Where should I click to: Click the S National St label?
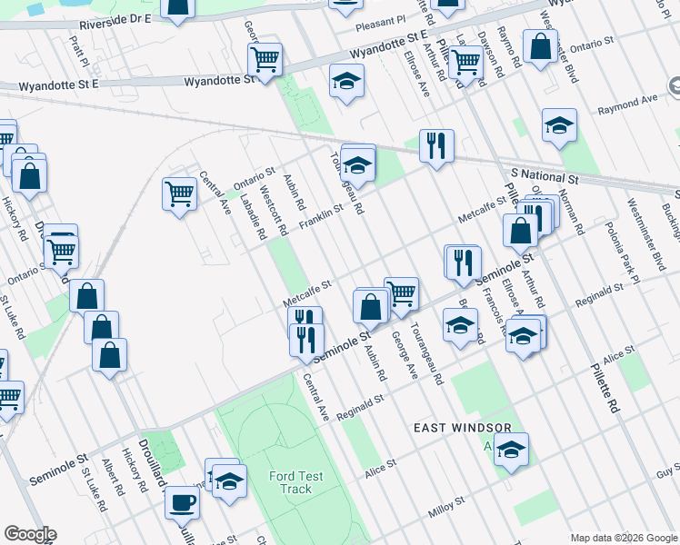(545, 173)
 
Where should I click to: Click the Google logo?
(30, 534)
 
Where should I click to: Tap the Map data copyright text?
(624, 538)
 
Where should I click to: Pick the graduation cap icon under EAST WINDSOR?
(511, 449)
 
